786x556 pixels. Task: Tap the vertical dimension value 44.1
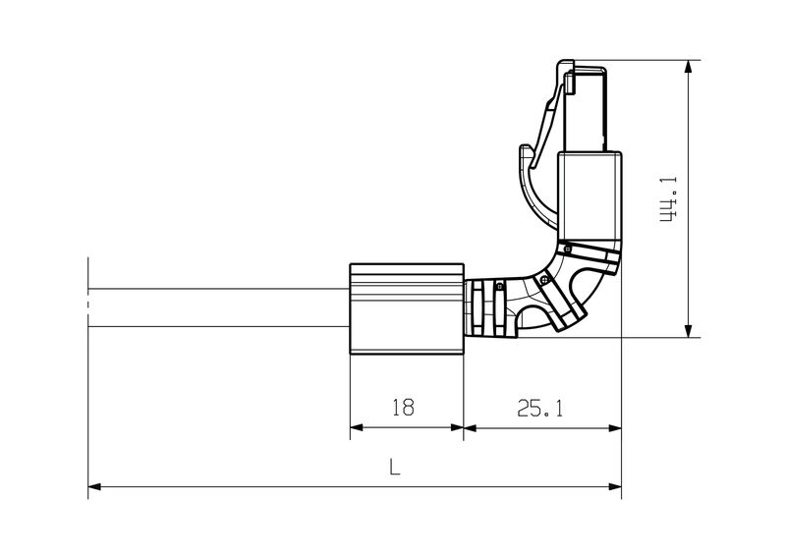[668, 199]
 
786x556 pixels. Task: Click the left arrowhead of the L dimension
[95, 485]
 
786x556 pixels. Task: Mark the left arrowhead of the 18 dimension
[358, 427]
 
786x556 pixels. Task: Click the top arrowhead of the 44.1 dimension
[687, 67]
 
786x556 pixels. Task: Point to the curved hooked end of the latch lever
[525, 156]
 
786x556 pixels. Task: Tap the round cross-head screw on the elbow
[543, 280]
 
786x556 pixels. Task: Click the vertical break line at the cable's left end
[88, 295]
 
